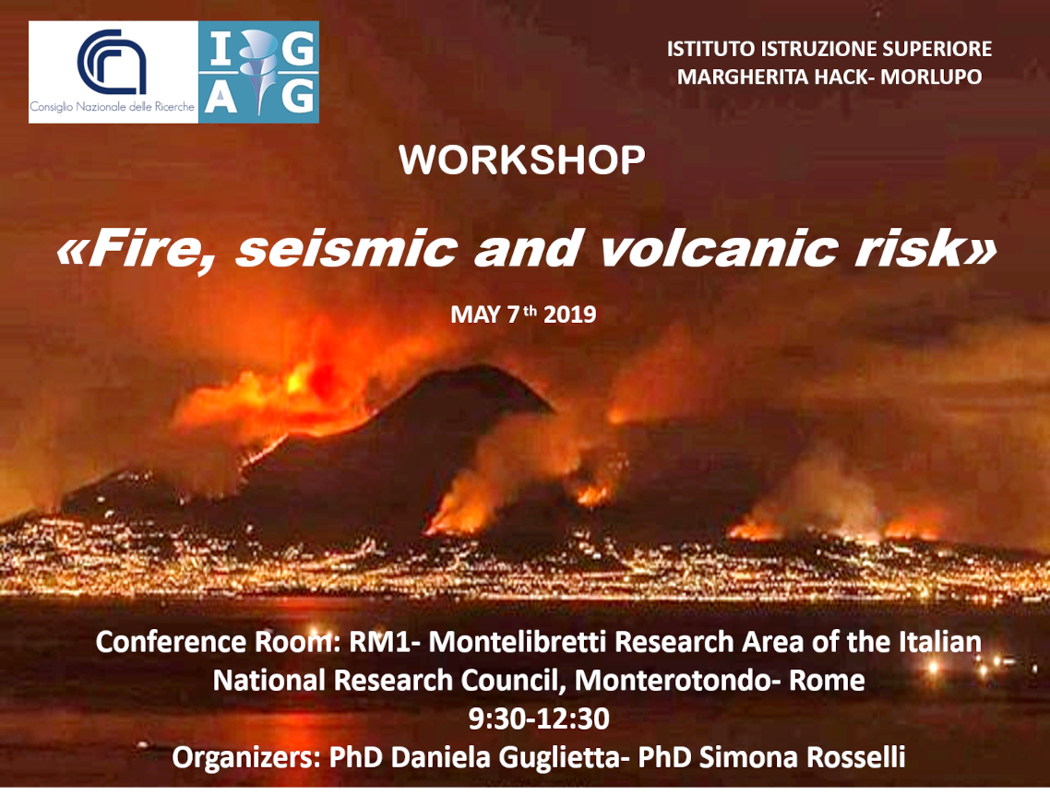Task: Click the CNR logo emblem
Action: (112, 62)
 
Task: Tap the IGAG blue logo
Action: (258, 72)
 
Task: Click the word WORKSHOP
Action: (521, 160)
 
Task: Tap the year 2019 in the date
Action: (569, 314)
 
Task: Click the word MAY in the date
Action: (475, 314)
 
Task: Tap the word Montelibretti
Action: (518, 642)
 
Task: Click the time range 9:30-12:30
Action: (539, 718)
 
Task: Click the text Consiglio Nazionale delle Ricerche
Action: (112, 107)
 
